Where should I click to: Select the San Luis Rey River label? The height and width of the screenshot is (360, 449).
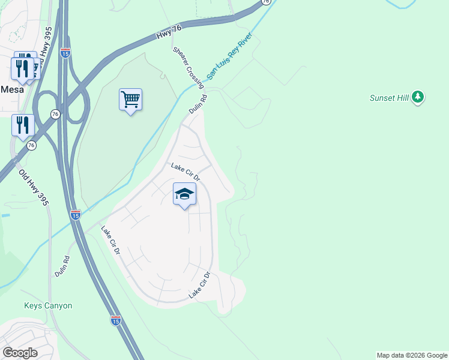point(230,57)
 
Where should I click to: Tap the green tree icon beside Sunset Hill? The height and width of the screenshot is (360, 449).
point(418,97)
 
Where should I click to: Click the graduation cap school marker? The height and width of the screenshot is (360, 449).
point(184,194)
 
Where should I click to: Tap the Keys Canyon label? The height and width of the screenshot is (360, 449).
point(48,305)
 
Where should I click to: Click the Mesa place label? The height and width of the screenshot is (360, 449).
point(12,89)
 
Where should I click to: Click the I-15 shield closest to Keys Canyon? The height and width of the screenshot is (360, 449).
point(116,320)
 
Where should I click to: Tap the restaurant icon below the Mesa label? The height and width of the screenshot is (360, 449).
point(23,125)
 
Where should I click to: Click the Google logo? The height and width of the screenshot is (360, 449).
point(20,352)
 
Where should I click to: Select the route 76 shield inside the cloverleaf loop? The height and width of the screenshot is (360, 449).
point(55,113)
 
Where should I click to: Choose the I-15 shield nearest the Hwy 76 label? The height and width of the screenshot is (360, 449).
point(65,53)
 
